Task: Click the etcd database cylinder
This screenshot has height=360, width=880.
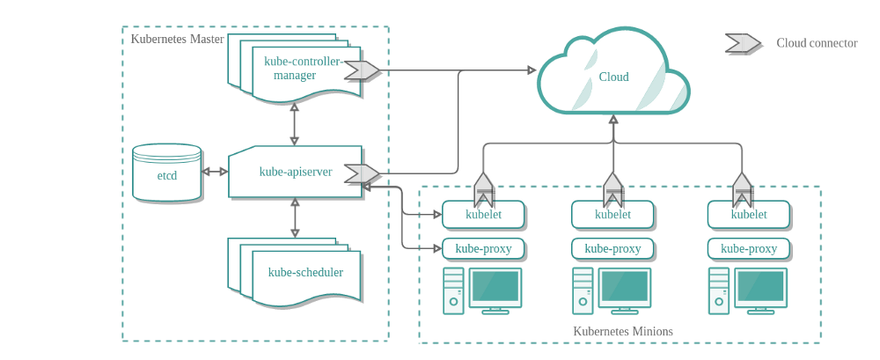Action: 167,173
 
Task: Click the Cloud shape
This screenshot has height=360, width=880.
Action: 613,77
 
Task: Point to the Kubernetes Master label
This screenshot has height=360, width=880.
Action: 177,39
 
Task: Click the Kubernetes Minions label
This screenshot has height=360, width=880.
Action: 622,331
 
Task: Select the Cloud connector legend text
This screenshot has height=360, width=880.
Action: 816,43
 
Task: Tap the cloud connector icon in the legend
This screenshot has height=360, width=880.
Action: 742,43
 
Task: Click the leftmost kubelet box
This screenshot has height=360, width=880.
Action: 483,214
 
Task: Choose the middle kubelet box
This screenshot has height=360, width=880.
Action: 612,214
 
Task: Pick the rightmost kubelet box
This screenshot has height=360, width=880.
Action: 749,214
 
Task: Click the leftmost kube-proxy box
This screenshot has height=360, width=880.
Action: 483,248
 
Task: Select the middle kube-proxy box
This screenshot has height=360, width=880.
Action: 612,248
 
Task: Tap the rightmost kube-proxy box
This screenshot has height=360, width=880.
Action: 749,248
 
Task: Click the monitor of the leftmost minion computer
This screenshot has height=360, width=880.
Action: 495,288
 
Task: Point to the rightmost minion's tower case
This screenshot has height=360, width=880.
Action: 718,290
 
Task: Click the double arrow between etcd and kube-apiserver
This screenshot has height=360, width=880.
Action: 215,172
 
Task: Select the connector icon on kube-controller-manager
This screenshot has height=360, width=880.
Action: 361,70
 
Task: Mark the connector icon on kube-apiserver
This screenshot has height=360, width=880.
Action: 361,173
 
